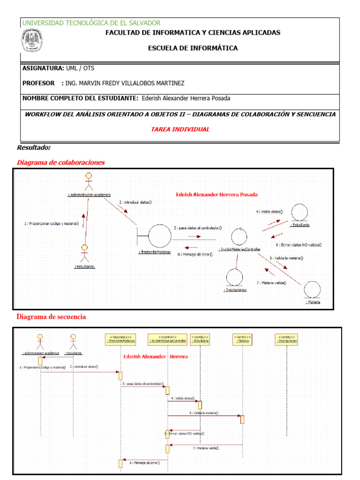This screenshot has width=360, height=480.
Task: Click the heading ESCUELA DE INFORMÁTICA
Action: click(x=193, y=48)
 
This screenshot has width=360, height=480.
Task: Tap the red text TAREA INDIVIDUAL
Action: click(x=180, y=129)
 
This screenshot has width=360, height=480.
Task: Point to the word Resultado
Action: click(x=34, y=147)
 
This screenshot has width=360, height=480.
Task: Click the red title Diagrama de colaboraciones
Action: click(x=61, y=163)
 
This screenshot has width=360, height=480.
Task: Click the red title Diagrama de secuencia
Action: click(x=52, y=317)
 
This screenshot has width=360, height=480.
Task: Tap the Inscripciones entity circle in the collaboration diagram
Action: click(x=234, y=277)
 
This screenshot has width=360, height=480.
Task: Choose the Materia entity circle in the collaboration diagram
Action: click(x=312, y=290)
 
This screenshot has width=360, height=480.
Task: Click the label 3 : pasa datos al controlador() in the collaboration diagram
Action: click(x=197, y=228)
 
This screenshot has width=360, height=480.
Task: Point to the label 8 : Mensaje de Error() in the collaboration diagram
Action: click(x=195, y=255)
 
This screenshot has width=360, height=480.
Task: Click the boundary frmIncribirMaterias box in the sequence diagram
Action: click(x=121, y=339)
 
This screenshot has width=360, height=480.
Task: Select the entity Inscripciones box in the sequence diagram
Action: click(x=287, y=339)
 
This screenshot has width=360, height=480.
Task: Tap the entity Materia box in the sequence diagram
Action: click(x=242, y=339)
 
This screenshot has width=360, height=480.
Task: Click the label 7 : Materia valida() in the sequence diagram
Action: click(x=206, y=448)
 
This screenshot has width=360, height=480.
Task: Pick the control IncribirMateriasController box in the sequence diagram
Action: click(x=167, y=339)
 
